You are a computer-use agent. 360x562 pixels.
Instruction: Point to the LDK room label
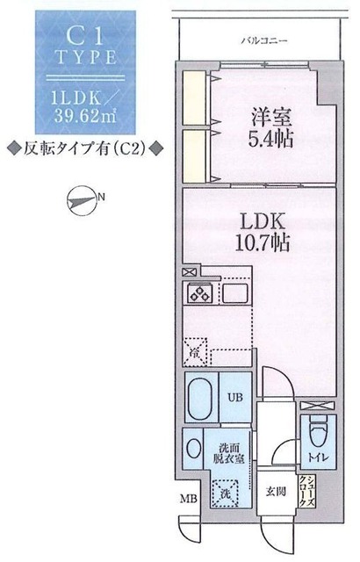(261, 220)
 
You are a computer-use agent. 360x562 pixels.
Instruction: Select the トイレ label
(315, 458)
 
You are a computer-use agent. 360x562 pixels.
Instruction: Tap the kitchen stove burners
(198, 293)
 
